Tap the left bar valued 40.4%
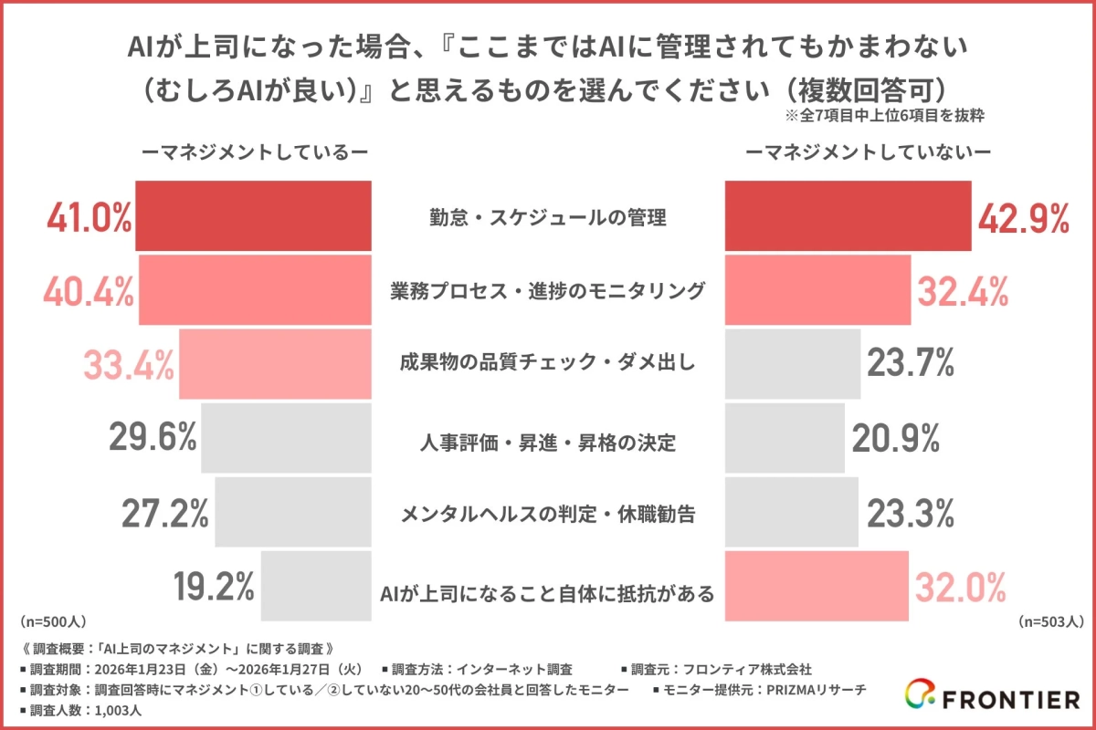tap(255, 290)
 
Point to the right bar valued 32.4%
tap(817, 290)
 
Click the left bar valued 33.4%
tap(275, 364)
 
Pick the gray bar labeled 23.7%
tap(792, 364)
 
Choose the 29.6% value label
tap(153, 439)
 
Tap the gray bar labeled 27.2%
tap(292, 513)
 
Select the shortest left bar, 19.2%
tap(316, 587)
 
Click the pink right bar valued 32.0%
tap(817, 587)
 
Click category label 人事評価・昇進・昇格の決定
tap(548, 443)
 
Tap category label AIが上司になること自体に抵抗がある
tap(548, 592)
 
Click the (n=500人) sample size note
tap(52, 621)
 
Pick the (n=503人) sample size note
tap(1050, 621)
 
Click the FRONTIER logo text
tap(1008, 700)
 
